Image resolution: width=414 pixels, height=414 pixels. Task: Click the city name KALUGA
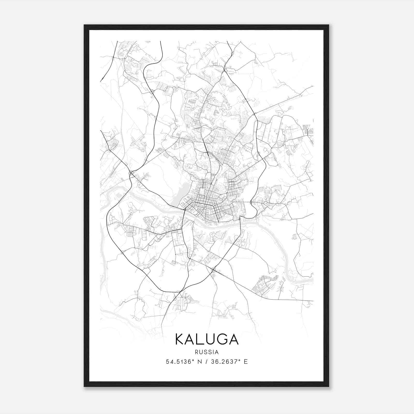tap(207, 339)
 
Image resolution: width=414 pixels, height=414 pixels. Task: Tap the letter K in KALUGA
tap(180, 339)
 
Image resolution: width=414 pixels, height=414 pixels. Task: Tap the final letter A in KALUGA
tap(233, 339)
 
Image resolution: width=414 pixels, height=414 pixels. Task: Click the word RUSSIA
tap(207, 352)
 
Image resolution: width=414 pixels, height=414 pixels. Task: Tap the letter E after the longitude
tap(246, 362)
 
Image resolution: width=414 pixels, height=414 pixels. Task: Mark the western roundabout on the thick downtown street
tap(193, 201)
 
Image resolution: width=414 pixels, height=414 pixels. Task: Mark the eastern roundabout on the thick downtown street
tap(213, 206)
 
